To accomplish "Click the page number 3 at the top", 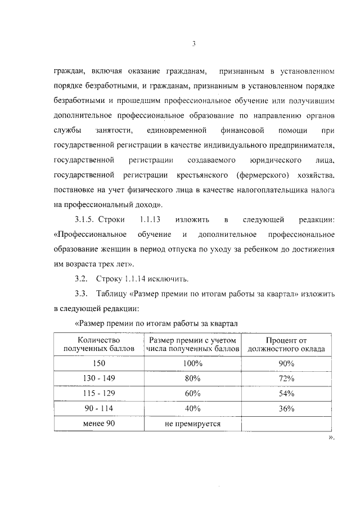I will pyautogui.click(x=193, y=44).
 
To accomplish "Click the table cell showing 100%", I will pyautogui.click(x=193, y=363).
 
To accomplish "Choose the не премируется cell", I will pyautogui.click(x=193, y=424).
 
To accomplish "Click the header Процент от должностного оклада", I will pyautogui.click(x=286, y=344).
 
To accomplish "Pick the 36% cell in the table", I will pyautogui.click(x=286, y=408).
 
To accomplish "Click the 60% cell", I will pyautogui.click(x=193, y=393).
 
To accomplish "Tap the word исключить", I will pyautogui.click(x=169, y=278).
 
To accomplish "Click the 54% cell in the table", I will pyautogui.click(x=286, y=393).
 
